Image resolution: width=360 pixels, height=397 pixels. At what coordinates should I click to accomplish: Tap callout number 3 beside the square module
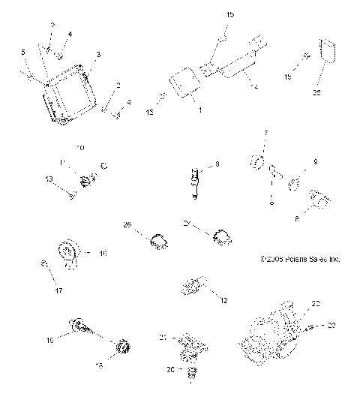(x=98, y=55)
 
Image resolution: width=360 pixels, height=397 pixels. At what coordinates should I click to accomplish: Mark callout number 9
(x=315, y=161)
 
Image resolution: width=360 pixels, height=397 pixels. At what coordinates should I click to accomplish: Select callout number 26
(x=127, y=225)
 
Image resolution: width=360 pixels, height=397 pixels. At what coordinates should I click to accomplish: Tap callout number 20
(x=169, y=369)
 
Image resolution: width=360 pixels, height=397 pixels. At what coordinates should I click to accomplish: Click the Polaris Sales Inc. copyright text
(x=300, y=260)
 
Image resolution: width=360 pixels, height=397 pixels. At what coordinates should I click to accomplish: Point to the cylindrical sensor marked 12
(x=193, y=286)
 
